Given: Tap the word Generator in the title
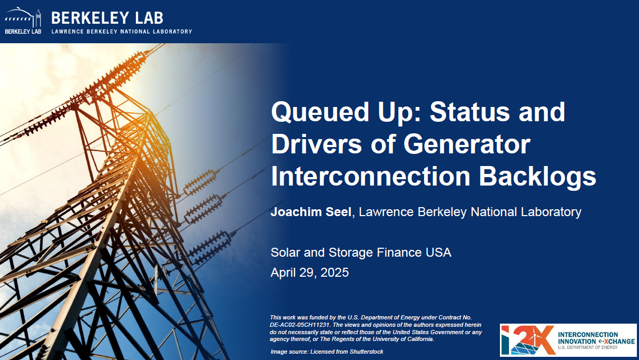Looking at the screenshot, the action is (467, 144).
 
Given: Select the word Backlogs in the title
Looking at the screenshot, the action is (537, 177).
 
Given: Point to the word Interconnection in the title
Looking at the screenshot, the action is (370, 177).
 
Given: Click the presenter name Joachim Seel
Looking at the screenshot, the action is (311, 212).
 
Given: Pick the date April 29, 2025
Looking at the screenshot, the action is (310, 273).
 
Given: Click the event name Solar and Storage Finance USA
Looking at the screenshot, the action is (361, 252).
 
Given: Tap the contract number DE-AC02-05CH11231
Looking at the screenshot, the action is (300, 325).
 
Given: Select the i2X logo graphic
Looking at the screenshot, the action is (528, 340).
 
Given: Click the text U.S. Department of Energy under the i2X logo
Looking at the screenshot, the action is (588, 348).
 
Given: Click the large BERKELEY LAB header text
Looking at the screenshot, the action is (107, 18).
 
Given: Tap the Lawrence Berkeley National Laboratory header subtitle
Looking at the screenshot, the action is (122, 32).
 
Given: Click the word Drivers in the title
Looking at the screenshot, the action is (317, 144).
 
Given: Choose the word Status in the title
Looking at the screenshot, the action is (470, 112).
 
